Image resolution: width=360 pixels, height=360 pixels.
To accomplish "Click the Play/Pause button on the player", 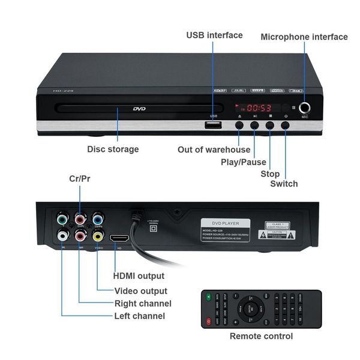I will click(x=255, y=125).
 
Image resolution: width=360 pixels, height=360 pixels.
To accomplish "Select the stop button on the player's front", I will click(x=270, y=125).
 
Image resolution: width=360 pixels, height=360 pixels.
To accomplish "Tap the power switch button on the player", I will click(x=286, y=125).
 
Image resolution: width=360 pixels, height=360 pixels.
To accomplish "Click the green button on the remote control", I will click(x=209, y=297).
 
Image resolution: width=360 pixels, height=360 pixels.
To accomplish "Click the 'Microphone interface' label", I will click(x=304, y=37).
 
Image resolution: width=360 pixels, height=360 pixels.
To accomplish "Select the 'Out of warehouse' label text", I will click(x=214, y=149).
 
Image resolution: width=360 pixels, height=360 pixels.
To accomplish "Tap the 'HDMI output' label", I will click(x=139, y=277).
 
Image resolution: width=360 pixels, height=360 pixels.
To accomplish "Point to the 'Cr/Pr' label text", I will click(x=80, y=179).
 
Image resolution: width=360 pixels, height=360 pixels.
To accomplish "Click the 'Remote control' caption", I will click(x=261, y=336).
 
